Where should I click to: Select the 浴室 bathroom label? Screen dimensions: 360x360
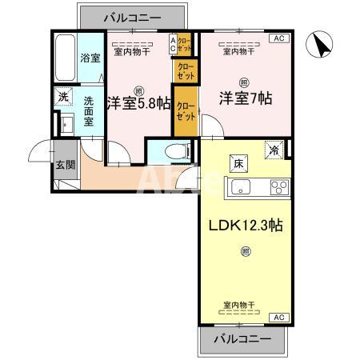pos(89,58)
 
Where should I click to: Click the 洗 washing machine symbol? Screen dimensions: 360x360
pos(63,98)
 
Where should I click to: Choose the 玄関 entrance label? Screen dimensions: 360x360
pos(64,166)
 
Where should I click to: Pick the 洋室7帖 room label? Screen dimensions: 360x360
pos(246,99)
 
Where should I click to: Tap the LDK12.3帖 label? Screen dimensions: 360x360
pos(246,225)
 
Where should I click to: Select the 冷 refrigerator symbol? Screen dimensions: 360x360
pos(274,149)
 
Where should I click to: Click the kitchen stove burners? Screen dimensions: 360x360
pos(278,189)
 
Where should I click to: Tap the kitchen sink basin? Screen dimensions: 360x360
pos(241,189)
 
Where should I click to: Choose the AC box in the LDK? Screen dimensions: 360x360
pos(279,318)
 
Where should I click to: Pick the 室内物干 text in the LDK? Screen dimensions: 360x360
pos(240,306)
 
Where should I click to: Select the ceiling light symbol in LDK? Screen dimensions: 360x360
pos(245,253)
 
